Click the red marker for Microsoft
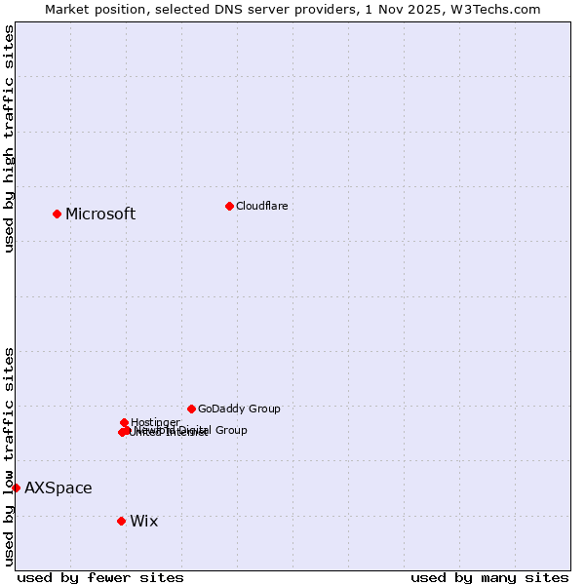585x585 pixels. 57,214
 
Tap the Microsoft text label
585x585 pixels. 100,214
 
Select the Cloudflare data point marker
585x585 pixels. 229,206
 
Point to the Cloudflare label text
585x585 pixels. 261,206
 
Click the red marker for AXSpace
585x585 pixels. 16,487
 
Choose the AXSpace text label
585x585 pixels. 58,488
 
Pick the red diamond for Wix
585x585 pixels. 121,521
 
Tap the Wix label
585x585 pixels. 143,522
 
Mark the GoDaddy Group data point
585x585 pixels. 191,409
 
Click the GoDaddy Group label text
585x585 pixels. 239,409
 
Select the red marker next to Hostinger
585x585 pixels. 124,422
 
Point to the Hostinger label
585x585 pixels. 155,422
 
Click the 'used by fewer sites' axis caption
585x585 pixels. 100,578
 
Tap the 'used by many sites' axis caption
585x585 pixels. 489,578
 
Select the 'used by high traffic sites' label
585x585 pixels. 9,138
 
